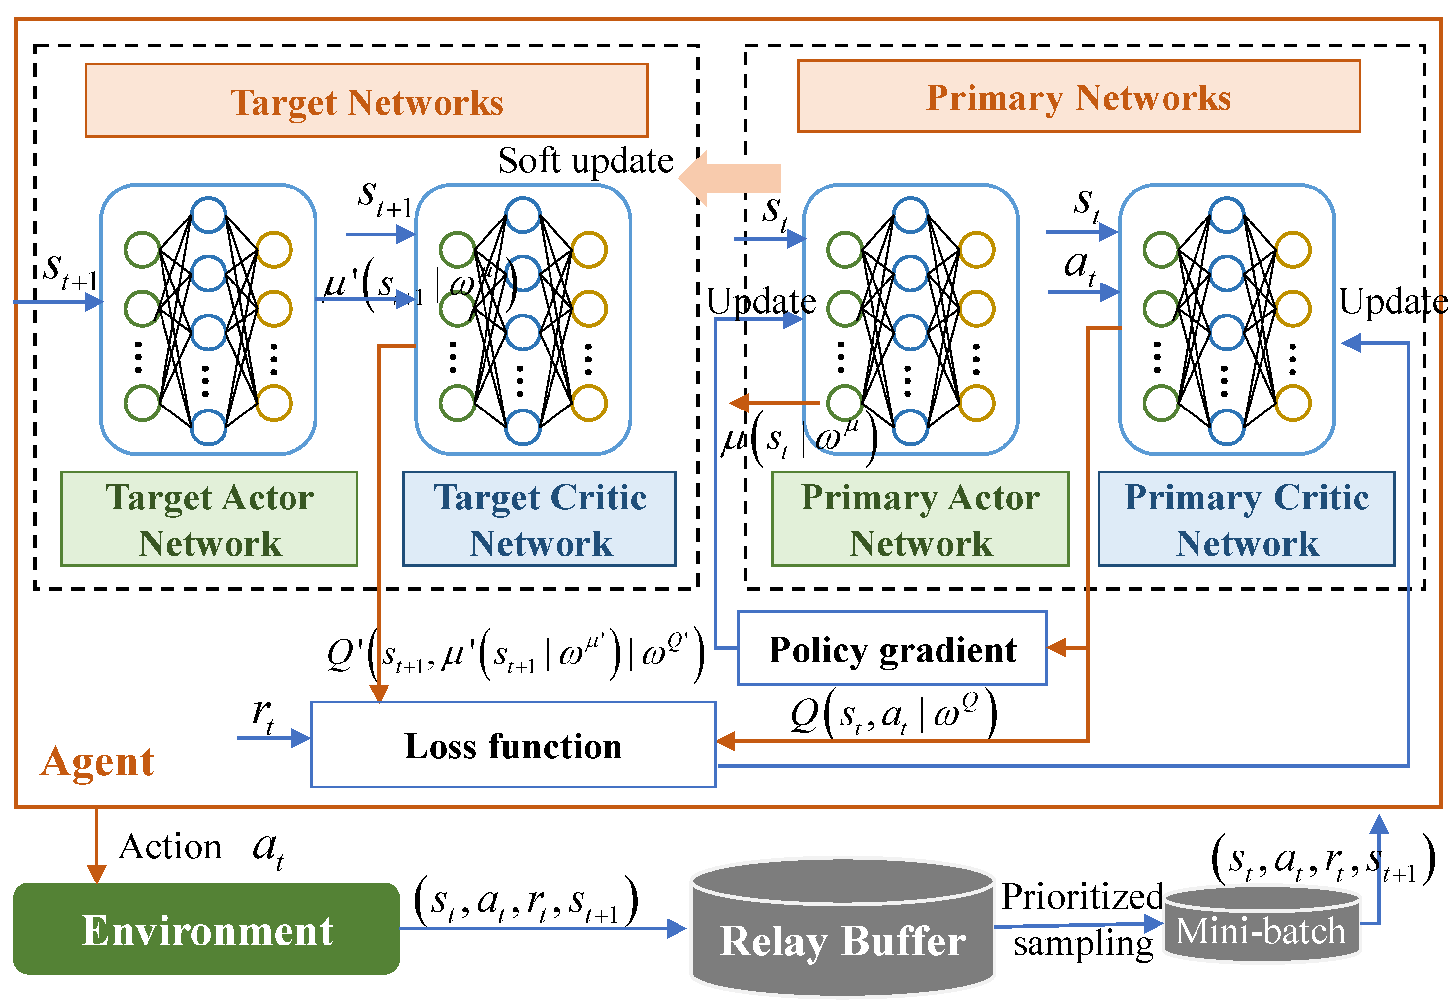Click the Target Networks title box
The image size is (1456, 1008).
tap(366, 100)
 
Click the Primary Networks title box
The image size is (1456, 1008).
tap(1078, 96)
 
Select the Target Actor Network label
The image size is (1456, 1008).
tap(209, 519)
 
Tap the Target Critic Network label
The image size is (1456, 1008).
tap(540, 519)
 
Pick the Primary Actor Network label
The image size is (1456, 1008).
tap(920, 519)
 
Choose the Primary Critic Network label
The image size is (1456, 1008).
tap(1246, 519)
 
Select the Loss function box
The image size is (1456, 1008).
tap(513, 745)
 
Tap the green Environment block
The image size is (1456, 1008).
tap(206, 929)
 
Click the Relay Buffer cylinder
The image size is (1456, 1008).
tap(842, 928)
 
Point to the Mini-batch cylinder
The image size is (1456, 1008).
tap(1261, 925)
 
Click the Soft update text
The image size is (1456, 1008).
tap(585, 160)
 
